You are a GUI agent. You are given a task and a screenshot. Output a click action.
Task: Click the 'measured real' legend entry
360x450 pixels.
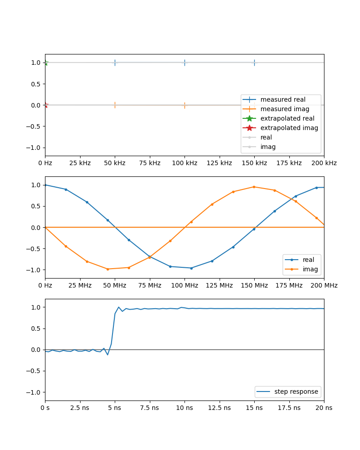coord(283,99)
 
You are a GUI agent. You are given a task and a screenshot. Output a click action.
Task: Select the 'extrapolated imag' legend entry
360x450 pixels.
coord(289,128)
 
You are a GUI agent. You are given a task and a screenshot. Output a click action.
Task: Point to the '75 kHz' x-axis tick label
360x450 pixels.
coord(149,163)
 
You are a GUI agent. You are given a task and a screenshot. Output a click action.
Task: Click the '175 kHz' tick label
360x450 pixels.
coord(289,163)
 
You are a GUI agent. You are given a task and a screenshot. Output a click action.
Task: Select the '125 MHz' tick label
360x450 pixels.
coord(219,285)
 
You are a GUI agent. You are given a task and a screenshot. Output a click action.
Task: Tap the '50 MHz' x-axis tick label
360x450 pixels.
coord(115,285)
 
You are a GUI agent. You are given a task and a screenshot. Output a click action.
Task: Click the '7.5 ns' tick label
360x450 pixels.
coord(149,407)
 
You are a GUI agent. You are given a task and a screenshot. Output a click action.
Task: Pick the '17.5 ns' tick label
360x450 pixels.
coord(289,407)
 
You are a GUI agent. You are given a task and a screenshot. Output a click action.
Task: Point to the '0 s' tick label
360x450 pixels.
coord(45,407)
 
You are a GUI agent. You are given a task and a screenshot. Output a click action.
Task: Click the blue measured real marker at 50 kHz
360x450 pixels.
coord(115,63)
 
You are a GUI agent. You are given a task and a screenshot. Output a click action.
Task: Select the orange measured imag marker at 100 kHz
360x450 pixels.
coord(184,105)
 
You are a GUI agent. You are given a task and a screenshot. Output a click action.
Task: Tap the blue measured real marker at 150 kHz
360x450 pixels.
coord(254,63)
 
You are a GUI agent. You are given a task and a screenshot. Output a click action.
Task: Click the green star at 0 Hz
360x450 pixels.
coord(45,63)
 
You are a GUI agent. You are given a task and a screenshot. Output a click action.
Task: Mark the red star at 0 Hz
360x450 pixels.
coord(45,105)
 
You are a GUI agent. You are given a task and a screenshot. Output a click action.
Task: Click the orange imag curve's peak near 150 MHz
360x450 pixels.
coord(254,187)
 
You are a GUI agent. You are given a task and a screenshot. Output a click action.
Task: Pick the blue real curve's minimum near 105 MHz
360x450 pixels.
coord(191,268)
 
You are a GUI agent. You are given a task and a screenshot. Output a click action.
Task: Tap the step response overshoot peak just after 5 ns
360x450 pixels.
coord(119,307)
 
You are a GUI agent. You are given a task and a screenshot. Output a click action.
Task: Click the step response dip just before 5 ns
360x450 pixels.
coord(108,355)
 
